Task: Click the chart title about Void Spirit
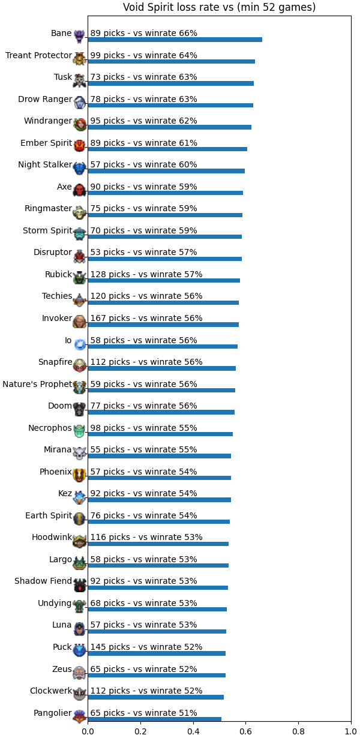pyautogui.click(x=220, y=7)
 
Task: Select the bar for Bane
pyautogui.click(x=175, y=40)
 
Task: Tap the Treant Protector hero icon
pyautogui.click(x=80, y=59)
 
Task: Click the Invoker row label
pyautogui.click(x=57, y=318)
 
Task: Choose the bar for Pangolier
pyautogui.click(x=154, y=719)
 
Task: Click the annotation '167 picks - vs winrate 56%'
pyautogui.click(x=146, y=318)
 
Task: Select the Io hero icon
pyautogui.click(x=80, y=344)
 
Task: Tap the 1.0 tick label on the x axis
pyautogui.click(x=351, y=731)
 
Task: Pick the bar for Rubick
pyautogui.click(x=164, y=280)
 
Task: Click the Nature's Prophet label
pyautogui.click(x=37, y=384)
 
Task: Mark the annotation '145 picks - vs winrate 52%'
pyautogui.click(x=146, y=647)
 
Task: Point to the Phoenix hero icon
pyautogui.click(x=80, y=476)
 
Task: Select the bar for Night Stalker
pyautogui.click(x=166, y=171)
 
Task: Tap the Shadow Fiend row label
pyautogui.click(x=43, y=581)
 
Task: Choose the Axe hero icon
pyautogui.click(x=80, y=190)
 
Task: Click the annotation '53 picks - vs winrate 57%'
pyautogui.click(x=144, y=253)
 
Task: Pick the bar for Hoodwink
pyautogui.click(x=158, y=544)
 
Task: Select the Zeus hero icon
pyautogui.click(x=80, y=673)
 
